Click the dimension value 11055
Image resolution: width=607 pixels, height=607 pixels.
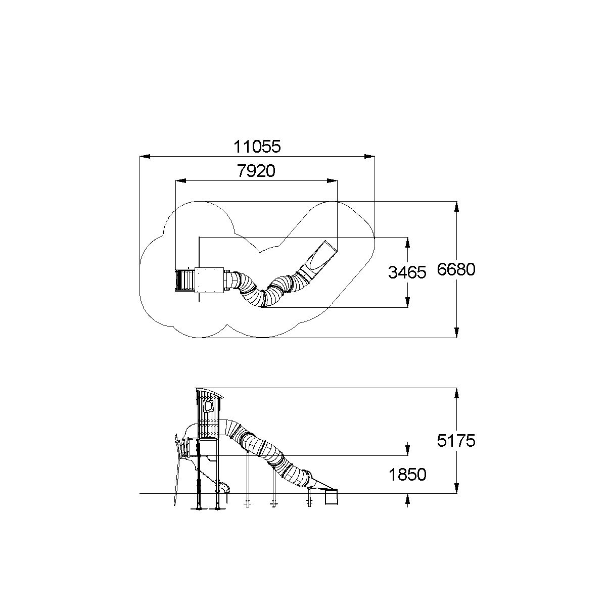[x=257, y=147]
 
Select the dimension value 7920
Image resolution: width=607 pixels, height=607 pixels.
[x=256, y=171]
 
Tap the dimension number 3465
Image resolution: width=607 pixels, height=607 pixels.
[x=407, y=272]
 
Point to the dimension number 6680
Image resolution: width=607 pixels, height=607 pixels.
[x=456, y=270]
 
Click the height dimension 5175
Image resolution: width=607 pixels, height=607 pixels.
[x=456, y=441]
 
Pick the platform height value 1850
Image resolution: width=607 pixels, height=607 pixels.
[x=407, y=475]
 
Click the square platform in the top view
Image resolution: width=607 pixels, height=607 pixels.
[x=209, y=280]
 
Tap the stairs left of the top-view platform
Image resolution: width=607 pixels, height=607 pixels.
[x=185, y=280]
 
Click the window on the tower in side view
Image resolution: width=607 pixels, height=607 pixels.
[x=208, y=406]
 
